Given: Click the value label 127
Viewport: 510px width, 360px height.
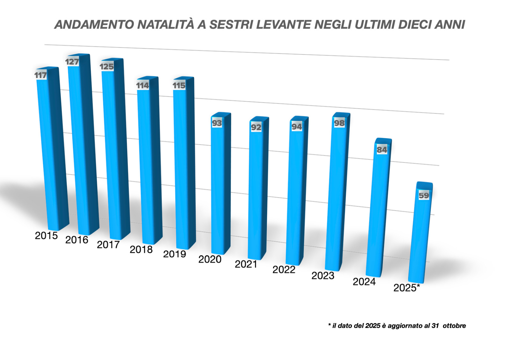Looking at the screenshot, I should tap(72, 62).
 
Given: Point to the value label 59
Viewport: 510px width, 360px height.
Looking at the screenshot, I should tap(424, 195).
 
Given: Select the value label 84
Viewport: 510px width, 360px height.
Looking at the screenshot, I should tap(382, 150).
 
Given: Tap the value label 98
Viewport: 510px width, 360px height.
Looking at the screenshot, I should tap(339, 123).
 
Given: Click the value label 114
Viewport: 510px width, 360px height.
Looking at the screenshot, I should tap(142, 85).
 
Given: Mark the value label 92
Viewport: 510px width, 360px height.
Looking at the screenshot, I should tap(256, 127).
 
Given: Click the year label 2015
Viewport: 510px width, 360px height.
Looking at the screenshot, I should tap(46, 236).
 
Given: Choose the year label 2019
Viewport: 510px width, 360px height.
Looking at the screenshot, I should tap(174, 254).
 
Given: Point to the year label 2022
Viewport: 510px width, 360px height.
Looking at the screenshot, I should tap(284, 270).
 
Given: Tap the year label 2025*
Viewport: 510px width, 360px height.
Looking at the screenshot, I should tap(406, 288).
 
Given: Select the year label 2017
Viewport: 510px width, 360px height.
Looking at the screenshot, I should tap(108, 245).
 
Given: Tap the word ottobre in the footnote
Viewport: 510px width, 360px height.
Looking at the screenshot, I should tap(454, 326).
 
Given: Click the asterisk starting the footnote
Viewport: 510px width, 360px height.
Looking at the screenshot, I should tap(329, 325).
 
